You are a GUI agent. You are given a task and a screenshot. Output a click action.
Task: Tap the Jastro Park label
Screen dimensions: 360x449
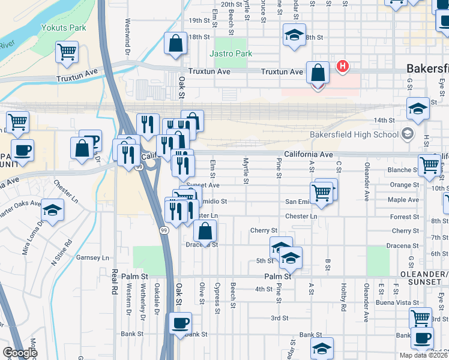[x=231, y=53]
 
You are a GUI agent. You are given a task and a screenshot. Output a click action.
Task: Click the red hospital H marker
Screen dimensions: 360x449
[x=343, y=65]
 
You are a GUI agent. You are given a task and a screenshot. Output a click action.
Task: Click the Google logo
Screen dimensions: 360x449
[x=20, y=353]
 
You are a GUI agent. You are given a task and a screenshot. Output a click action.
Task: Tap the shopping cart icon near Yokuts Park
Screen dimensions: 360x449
[x=67, y=52]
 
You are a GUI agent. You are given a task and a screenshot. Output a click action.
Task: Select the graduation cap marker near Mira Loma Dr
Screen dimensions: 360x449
[x=53, y=211]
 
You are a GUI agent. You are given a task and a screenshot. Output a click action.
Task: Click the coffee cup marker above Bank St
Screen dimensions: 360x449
[x=179, y=323]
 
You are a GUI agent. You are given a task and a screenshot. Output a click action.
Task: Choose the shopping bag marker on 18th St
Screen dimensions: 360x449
[x=175, y=44]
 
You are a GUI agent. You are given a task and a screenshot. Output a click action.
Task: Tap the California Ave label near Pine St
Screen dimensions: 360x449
[x=309, y=154]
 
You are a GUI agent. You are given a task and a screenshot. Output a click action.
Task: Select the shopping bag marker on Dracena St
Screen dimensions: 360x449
[x=205, y=230]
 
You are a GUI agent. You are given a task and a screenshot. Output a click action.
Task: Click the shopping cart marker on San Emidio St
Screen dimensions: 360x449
[x=322, y=193]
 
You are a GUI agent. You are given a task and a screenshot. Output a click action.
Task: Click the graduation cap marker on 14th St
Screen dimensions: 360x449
[x=418, y=109]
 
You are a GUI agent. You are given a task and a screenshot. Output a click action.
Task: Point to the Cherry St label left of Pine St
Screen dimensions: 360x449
[x=264, y=230]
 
